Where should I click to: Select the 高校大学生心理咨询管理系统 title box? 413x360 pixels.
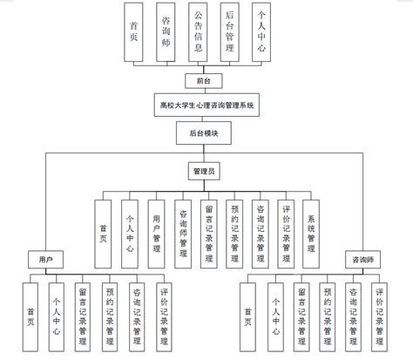(x=206, y=105)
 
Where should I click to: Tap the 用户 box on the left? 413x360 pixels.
(x=45, y=260)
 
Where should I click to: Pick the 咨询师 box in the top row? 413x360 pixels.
(x=166, y=35)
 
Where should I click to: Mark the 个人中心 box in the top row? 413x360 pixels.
(x=261, y=35)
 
